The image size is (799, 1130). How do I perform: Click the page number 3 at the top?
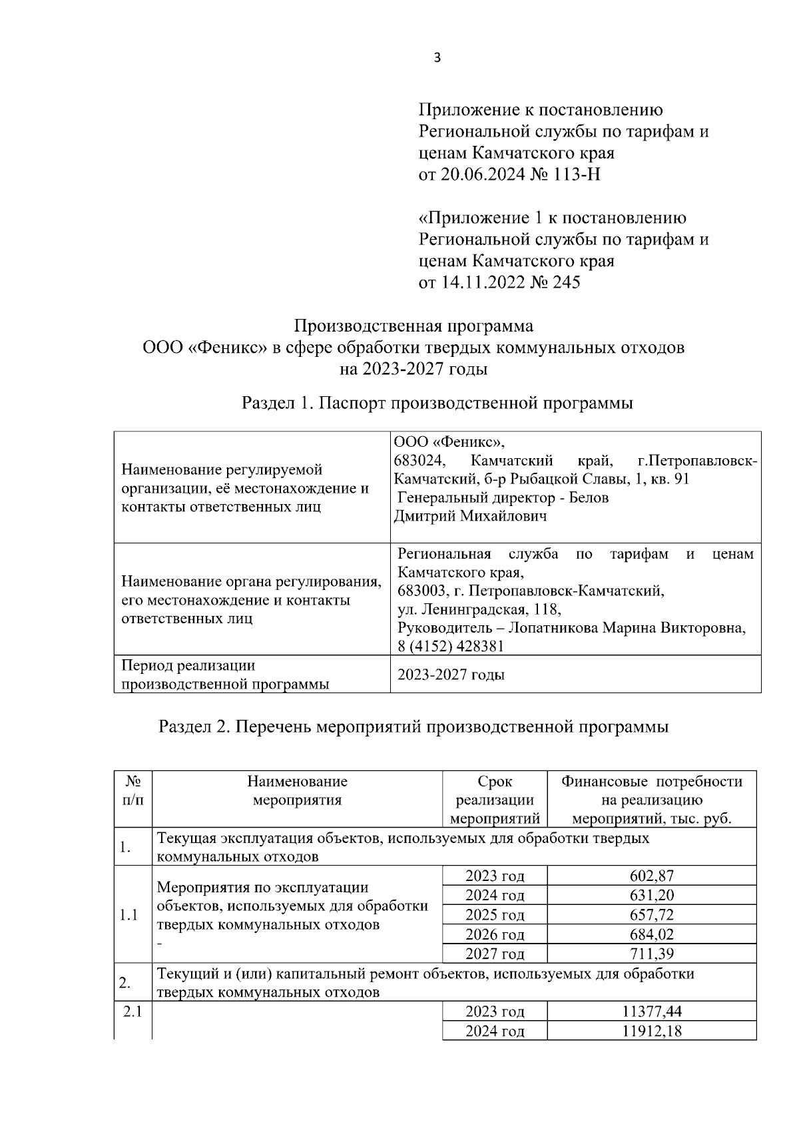(437, 58)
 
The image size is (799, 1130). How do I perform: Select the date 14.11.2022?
(479, 282)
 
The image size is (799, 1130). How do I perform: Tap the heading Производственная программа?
(413, 326)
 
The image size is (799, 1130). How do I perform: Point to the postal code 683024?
(419, 461)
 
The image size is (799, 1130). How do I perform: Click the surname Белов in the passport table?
(589, 498)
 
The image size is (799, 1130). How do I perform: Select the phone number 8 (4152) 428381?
(451, 646)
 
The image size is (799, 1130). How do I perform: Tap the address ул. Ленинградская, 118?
(479, 609)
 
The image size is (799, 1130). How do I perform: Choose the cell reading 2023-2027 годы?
(451, 675)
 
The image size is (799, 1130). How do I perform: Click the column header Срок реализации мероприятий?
(495, 800)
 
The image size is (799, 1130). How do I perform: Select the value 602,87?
(651, 876)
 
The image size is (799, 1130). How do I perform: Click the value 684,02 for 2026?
(651, 934)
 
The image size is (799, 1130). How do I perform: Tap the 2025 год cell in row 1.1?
(495, 915)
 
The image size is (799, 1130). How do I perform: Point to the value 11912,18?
(651, 1031)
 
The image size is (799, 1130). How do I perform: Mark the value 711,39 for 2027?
(651, 954)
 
